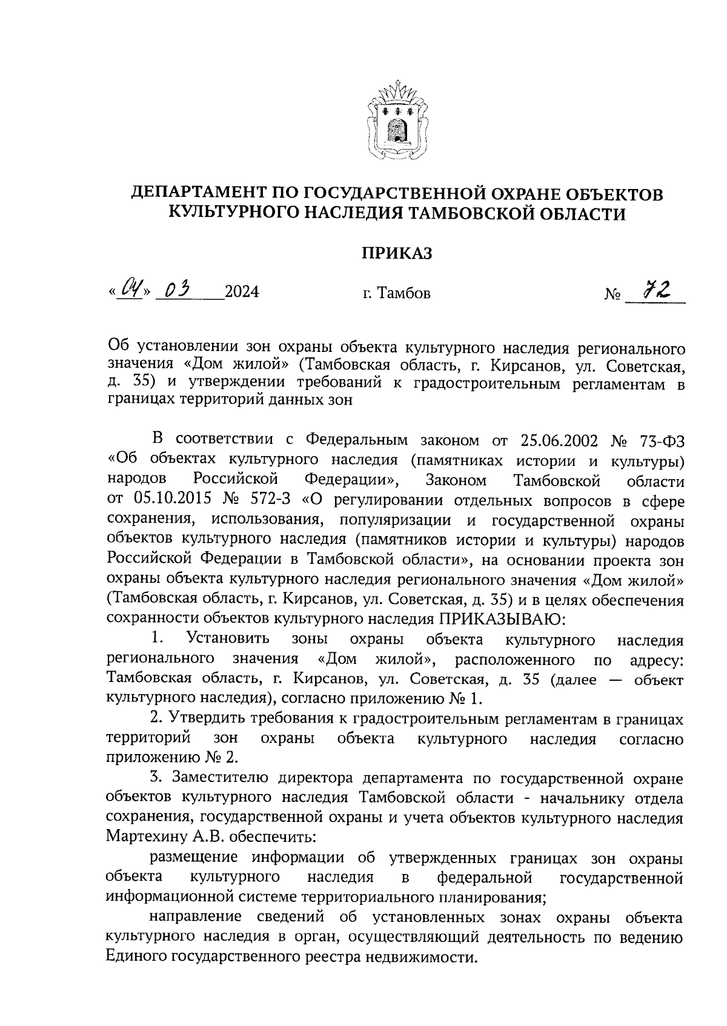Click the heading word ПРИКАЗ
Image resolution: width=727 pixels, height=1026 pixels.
coord(397,253)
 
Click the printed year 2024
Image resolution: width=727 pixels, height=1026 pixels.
coord(241,293)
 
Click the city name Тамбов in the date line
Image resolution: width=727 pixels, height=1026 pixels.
coord(403,294)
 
